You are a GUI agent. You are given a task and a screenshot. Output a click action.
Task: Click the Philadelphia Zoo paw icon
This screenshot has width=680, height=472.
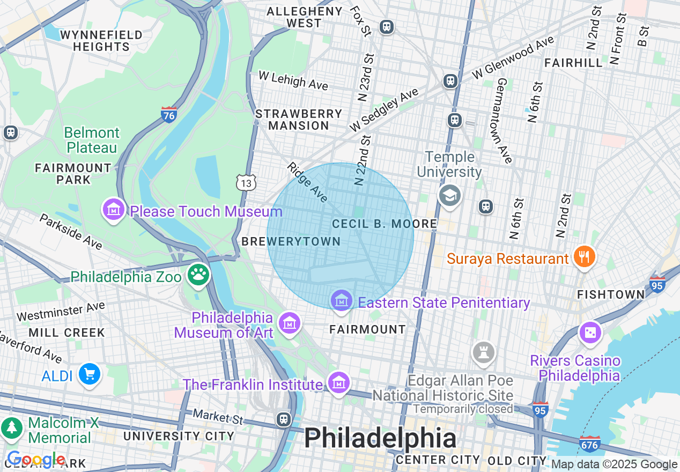tap(198, 275)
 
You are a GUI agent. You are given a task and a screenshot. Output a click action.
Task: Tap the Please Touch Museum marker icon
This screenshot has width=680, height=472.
tap(114, 210)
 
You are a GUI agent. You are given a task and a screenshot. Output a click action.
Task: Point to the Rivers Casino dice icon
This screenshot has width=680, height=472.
tap(590, 333)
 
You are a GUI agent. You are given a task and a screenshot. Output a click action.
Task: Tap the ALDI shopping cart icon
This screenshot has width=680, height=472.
tap(88, 374)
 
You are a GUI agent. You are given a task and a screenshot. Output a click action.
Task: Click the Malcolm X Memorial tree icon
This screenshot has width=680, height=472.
tap(11, 427)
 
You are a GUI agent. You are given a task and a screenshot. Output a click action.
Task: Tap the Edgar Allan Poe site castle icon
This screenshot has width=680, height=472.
tap(483, 353)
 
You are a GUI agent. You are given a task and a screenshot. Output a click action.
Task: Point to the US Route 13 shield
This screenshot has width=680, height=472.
tap(246, 183)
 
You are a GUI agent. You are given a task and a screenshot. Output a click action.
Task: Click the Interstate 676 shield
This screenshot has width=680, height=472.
tap(589, 444)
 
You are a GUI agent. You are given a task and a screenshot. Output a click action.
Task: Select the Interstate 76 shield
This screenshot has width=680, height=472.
tap(169, 114)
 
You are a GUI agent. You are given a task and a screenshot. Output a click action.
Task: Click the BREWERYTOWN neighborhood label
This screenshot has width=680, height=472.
tap(291, 242)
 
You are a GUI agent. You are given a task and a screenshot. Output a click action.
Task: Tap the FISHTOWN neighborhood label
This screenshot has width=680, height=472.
tap(611, 294)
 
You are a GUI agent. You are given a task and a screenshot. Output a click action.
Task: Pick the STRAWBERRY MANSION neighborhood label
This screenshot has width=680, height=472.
tap(299, 120)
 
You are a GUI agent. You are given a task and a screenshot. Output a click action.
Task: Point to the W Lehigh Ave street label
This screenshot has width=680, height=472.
tap(293, 80)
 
